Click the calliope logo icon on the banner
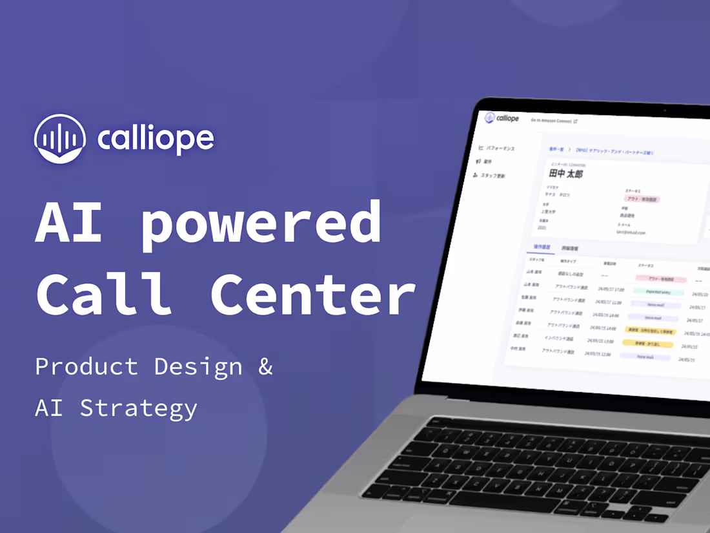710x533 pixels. click(x=59, y=138)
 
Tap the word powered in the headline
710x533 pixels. click(x=261, y=223)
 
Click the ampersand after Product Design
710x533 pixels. click(x=265, y=366)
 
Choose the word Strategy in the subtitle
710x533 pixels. click(x=139, y=408)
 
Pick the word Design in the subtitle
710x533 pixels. click(x=198, y=366)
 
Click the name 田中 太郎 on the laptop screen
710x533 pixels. click(x=565, y=174)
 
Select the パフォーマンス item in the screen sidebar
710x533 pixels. click(x=496, y=149)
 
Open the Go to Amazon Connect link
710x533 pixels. click(x=554, y=121)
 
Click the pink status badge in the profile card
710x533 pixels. click(x=642, y=199)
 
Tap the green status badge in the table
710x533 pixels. click(x=657, y=292)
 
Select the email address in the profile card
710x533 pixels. click(x=631, y=232)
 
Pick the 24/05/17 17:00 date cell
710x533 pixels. click(x=610, y=289)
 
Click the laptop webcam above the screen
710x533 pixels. click(x=664, y=110)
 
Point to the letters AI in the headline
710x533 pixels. click(x=68, y=223)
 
